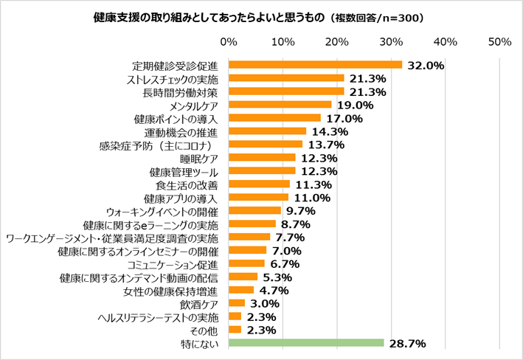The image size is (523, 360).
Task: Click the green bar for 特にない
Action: pos(306,342)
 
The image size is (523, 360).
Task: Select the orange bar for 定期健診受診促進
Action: pos(315,65)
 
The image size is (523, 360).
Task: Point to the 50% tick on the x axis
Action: pos(499,40)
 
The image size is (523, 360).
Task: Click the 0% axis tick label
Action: pos(229,40)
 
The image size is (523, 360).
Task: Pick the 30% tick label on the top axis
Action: pos(391,40)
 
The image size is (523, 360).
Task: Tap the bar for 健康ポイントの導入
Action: pos(274,118)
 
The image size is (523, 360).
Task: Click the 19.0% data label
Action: pos(355,105)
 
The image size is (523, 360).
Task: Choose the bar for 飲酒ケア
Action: pos(237,302)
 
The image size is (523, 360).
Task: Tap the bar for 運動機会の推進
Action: pos(267,131)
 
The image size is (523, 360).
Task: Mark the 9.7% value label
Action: pos(301,211)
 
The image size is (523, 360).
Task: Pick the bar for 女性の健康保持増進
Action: pos(241,290)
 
